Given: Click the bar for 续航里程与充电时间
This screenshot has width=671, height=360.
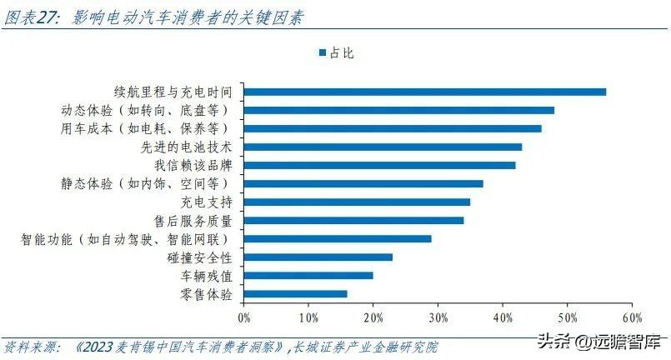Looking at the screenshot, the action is (x=425, y=92).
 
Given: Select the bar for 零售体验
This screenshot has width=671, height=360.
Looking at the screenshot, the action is (x=295, y=294).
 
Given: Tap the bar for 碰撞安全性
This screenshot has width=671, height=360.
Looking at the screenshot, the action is (x=318, y=257).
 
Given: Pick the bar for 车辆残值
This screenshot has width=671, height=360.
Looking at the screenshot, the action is (x=308, y=276).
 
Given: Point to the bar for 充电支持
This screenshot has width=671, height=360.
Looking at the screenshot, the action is (x=357, y=202).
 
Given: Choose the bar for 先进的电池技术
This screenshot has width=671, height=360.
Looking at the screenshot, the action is (x=383, y=147).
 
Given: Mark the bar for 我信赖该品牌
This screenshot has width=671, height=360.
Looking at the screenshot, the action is (x=379, y=166).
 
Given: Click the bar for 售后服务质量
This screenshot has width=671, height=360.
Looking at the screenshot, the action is (x=354, y=221).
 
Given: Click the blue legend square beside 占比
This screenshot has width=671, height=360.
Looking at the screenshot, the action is (x=323, y=52).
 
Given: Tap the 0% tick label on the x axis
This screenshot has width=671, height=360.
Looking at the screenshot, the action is (x=244, y=318).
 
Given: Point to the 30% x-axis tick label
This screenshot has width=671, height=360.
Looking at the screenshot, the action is (x=438, y=318).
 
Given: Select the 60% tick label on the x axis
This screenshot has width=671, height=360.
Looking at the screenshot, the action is (x=633, y=318).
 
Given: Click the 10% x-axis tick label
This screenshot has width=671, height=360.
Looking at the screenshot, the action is (x=308, y=318).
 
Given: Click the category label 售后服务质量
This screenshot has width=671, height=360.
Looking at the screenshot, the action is (x=193, y=221).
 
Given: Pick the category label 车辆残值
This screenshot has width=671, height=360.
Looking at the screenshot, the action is (x=206, y=276).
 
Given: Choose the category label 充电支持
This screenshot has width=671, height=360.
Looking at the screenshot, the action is (x=206, y=202).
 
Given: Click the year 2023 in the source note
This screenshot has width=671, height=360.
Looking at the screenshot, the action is (x=98, y=347).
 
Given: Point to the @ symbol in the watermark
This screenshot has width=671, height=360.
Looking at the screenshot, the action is (x=584, y=342).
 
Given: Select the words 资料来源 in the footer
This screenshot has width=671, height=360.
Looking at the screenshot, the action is (x=28, y=347).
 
